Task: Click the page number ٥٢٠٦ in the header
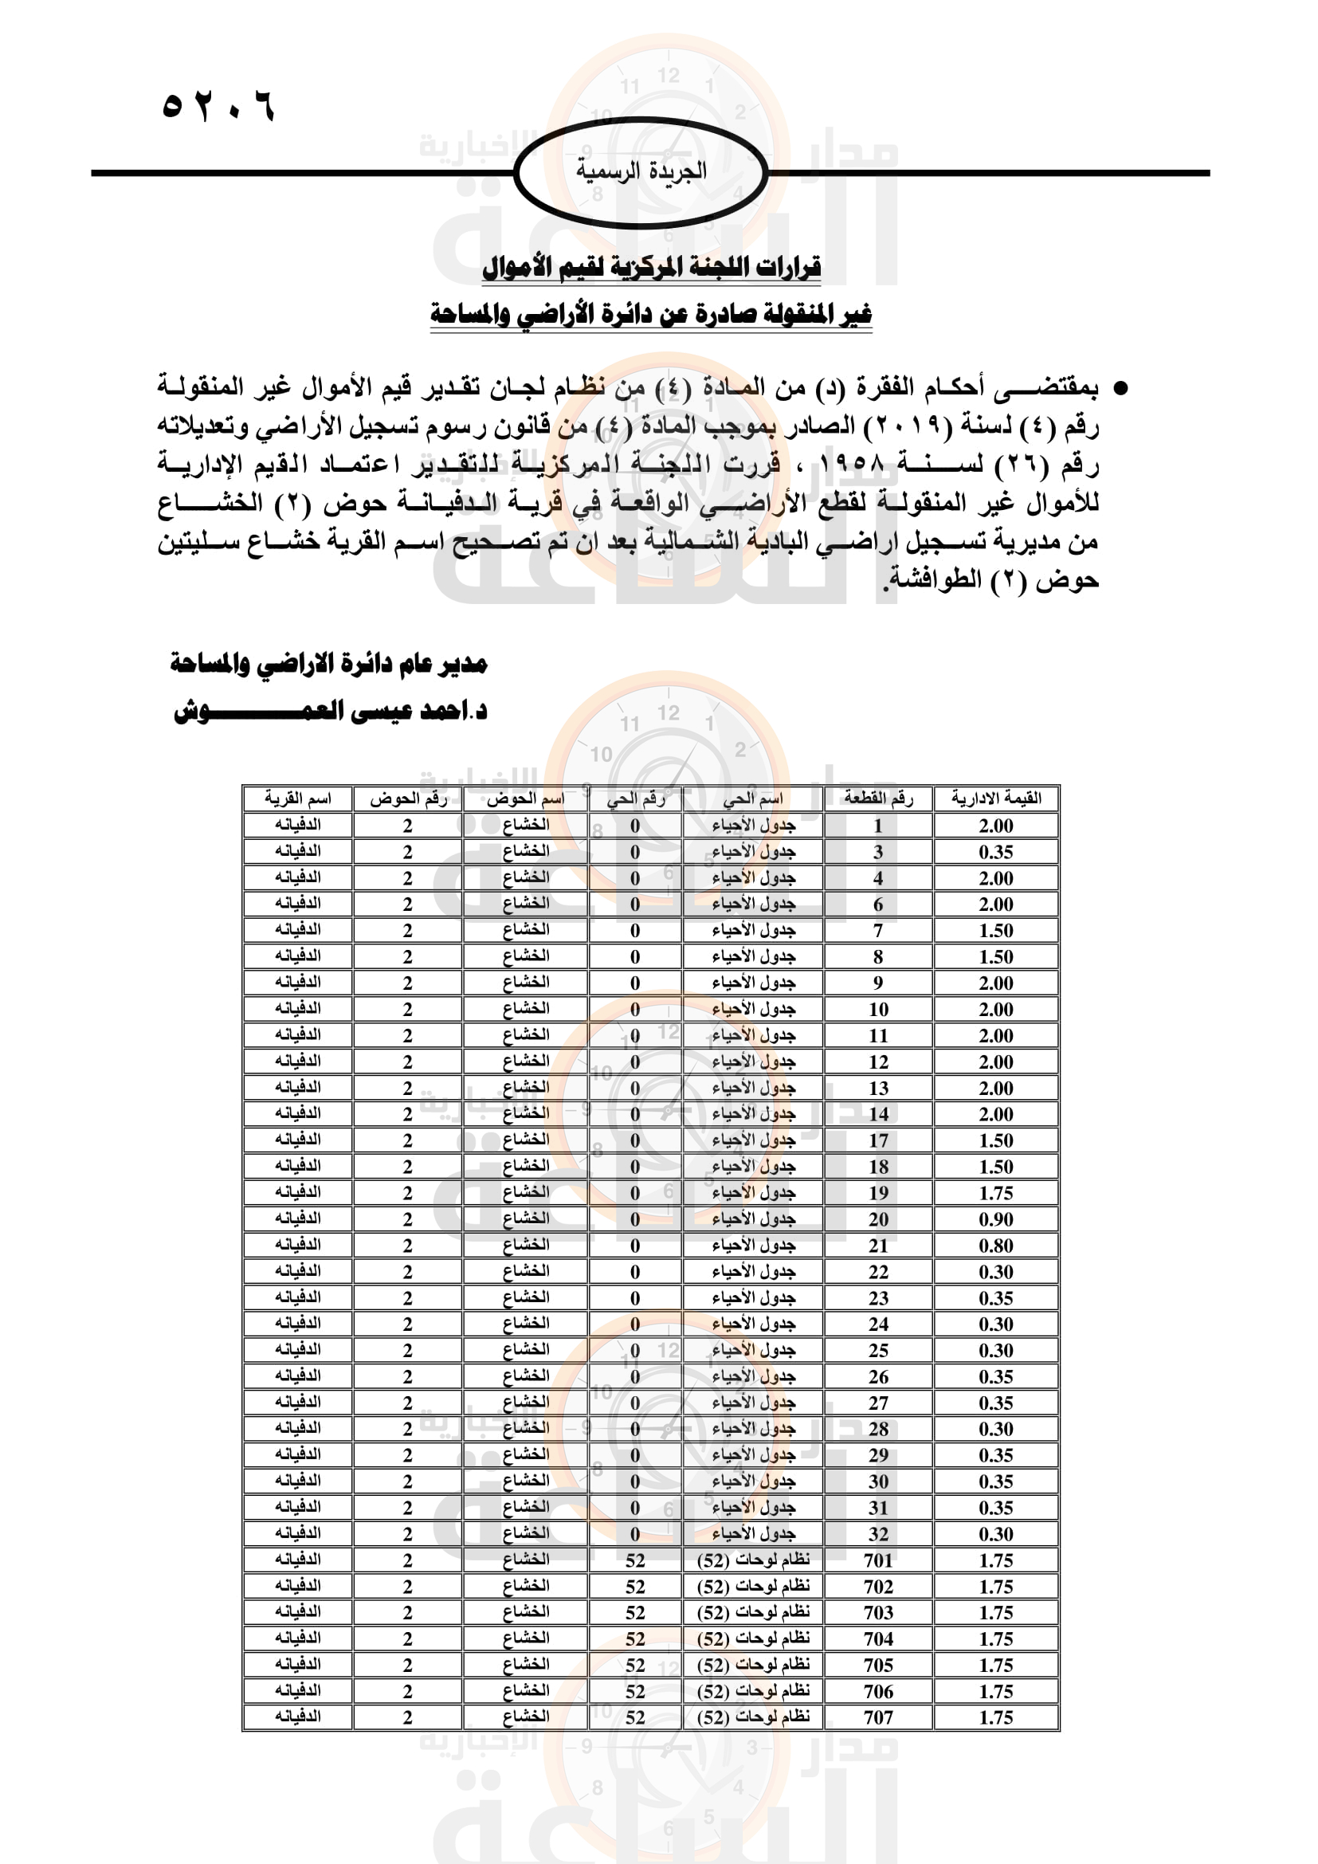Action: (218, 106)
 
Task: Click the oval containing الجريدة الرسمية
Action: (641, 172)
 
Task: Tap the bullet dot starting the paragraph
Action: (1120, 389)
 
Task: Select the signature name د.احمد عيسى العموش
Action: (331, 711)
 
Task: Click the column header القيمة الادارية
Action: (996, 799)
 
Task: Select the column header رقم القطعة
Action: (878, 799)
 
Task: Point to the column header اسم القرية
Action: (298, 799)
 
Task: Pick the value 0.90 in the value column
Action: (996, 1219)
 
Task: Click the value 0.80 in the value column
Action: (996, 1246)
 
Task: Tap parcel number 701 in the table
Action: (878, 1560)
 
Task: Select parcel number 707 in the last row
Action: (878, 1718)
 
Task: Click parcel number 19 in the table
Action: (878, 1194)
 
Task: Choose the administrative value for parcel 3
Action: (996, 853)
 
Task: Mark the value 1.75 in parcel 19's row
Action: (996, 1194)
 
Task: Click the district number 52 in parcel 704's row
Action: (634, 1639)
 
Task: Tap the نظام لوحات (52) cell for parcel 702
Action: (753, 1587)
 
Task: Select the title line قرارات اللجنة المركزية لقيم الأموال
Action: (652, 267)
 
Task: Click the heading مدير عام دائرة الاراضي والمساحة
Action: (328, 664)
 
